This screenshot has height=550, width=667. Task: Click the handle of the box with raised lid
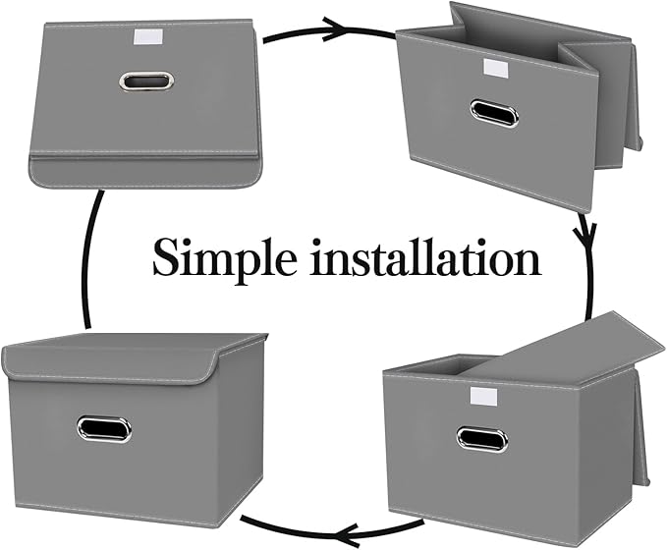(481, 438)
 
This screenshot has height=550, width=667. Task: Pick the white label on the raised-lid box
(483, 396)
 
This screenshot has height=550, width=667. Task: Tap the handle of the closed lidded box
(104, 429)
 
